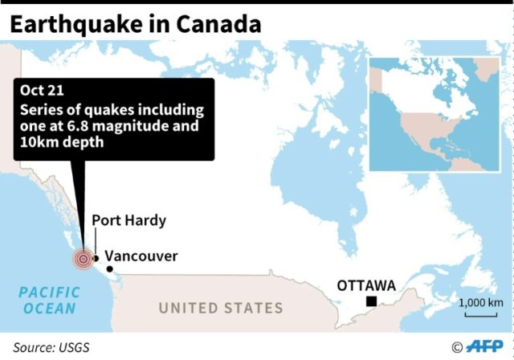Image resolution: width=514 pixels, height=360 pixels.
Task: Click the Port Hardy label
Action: (x=128, y=220)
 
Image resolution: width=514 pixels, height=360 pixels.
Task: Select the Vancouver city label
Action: (x=141, y=256)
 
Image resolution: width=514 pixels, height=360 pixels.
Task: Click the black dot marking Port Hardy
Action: (x=96, y=258)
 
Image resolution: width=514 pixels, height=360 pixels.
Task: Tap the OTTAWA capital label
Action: (x=366, y=285)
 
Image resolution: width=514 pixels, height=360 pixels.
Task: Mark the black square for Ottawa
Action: (x=372, y=301)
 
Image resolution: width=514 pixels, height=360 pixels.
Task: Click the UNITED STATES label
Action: (x=220, y=308)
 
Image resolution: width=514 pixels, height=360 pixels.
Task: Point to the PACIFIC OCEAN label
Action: (x=49, y=301)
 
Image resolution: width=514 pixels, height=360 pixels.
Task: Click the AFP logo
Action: (x=486, y=347)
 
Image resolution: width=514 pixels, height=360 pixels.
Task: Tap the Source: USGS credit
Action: (x=50, y=347)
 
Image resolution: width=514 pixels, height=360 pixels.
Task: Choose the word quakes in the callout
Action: (x=107, y=109)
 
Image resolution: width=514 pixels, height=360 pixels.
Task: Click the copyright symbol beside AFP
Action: (x=457, y=348)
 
